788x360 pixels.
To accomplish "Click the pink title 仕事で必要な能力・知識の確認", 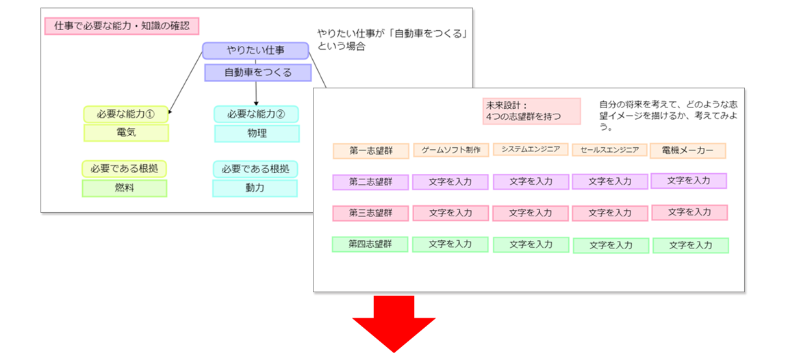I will (122, 27).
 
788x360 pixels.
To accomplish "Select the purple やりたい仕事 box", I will (255, 51).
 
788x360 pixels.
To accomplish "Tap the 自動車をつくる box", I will (257, 73).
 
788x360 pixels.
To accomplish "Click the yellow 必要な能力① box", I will (125, 114).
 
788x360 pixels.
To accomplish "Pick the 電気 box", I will (126, 133).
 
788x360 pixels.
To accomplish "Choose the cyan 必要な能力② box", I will (256, 114).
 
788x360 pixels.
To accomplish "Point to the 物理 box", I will (257, 133).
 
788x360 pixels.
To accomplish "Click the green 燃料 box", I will (125, 188).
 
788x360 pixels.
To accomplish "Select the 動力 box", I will (255, 188).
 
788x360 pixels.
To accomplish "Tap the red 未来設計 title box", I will (531, 111).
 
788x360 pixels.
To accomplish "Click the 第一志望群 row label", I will (370, 151).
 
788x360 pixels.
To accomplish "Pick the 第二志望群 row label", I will (370, 182).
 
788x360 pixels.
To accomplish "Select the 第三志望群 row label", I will (370, 213).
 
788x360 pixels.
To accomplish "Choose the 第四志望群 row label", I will (370, 244).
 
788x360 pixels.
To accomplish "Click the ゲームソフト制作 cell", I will (451, 150).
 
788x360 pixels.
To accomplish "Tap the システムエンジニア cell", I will (531, 149).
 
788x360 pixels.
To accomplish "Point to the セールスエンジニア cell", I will (609, 150).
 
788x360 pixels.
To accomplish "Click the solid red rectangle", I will (394, 324).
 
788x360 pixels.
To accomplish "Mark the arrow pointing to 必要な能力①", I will (185, 86).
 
